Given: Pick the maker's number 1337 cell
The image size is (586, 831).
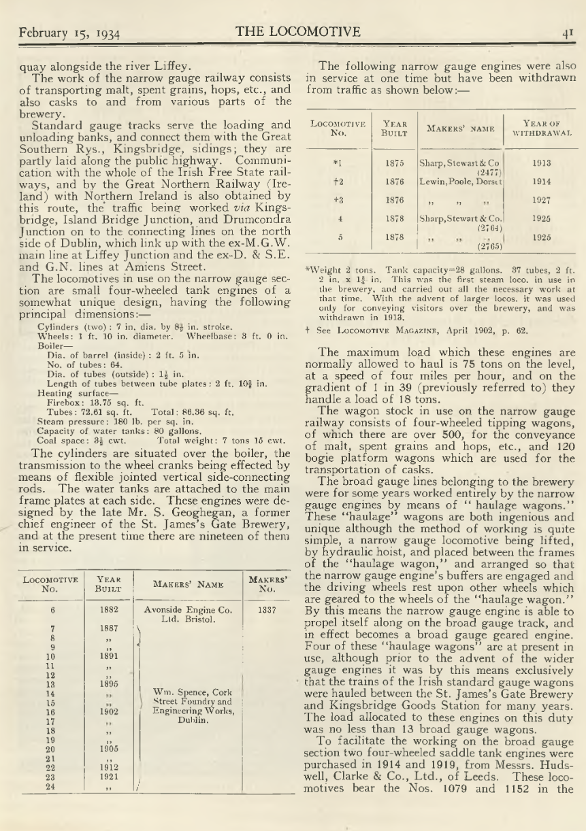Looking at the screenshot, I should [270, 611].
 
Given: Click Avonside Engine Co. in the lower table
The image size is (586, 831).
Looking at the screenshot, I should [193, 611].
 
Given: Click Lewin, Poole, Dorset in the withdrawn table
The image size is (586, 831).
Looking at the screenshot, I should [459, 182].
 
